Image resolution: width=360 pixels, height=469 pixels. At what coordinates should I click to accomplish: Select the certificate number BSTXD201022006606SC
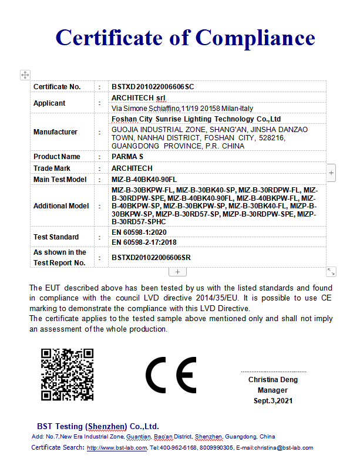tap(153, 86)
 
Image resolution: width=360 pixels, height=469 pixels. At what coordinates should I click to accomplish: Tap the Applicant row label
tap(49, 103)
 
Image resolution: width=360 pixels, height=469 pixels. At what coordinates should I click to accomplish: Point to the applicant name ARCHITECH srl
tap(139, 97)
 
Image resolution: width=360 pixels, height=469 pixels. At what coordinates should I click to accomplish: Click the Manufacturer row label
tap(55, 132)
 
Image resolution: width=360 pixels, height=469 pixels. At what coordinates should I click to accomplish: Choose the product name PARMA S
tap(127, 157)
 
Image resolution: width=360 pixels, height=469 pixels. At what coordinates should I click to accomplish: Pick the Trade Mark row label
tap(52, 168)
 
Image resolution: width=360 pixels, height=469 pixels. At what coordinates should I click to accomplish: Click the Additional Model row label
tap(61, 206)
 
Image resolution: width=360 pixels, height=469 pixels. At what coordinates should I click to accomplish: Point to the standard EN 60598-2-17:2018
tap(144, 242)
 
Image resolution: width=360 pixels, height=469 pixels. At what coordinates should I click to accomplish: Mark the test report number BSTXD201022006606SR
tap(151, 257)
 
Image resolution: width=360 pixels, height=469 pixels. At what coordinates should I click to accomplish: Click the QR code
tap(67, 374)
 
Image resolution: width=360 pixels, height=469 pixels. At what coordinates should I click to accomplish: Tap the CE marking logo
tap(171, 374)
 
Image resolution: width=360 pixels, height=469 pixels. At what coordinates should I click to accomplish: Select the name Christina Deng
tap(272, 380)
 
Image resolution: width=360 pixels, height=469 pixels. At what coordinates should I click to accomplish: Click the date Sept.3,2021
tap(272, 401)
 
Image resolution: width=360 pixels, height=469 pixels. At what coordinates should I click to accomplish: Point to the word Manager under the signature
tap(272, 390)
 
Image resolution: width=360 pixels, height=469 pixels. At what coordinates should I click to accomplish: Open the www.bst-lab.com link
tap(117, 448)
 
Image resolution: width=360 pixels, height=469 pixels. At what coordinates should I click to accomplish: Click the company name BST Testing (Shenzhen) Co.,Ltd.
tap(98, 426)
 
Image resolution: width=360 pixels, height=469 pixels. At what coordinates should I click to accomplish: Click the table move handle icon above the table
tap(25, 75)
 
